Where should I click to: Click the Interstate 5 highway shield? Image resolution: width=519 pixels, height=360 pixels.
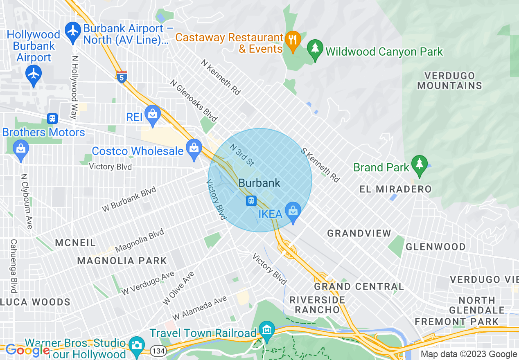click(122, 76)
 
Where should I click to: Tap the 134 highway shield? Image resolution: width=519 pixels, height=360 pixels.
click(157, 351)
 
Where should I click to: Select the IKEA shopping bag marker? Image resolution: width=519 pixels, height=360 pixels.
click(293, 211)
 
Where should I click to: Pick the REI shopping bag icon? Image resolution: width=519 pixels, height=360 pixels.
click(153, 114)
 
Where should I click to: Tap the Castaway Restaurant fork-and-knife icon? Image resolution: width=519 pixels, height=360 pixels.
click(292, 40)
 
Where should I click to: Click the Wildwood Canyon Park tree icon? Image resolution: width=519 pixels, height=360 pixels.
click(315, 48)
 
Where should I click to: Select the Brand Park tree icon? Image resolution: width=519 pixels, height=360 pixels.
click(419, 164)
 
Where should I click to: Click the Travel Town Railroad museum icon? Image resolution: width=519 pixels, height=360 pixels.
click(267, 330)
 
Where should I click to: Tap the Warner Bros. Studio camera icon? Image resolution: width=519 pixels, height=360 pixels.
click(136, 345)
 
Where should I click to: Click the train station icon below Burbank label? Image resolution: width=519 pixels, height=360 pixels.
click(251, 201)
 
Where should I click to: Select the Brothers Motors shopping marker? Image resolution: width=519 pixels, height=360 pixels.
click(20, 148)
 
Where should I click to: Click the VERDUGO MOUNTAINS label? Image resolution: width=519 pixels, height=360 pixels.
click(449, 81)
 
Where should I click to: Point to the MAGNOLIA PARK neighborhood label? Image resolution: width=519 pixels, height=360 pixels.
click(122, 261)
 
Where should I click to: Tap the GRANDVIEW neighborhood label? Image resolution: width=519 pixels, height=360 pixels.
click(359, 233)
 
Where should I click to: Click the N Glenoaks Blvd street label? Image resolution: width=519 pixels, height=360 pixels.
click(194, 101)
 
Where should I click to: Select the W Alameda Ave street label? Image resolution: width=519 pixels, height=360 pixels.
click(199, 308)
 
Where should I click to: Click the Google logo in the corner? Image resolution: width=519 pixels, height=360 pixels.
click(27, 350)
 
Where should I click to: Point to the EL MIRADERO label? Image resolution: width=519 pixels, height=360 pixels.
click(395, 189)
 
